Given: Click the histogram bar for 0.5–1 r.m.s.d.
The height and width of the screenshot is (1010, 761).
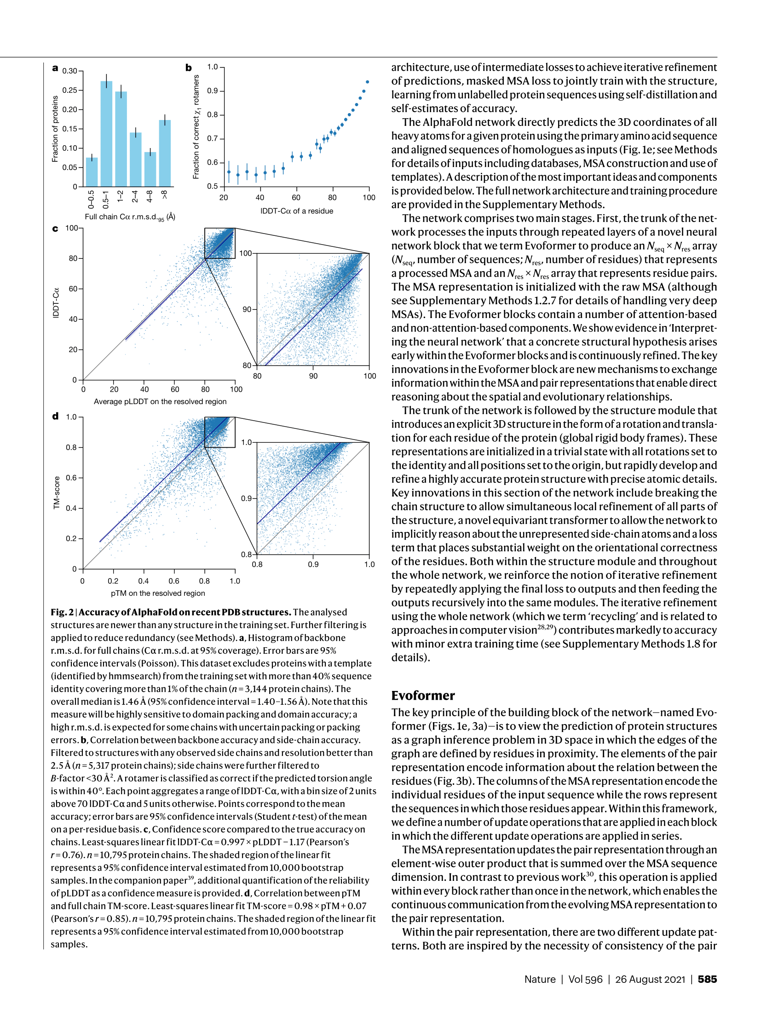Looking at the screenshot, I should coord(106,133).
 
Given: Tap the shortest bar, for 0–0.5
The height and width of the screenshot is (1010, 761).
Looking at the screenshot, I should coord(92,172).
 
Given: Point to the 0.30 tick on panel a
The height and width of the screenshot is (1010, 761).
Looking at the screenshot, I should coord(70,71).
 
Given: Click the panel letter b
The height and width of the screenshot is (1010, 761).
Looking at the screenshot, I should coord(189,68).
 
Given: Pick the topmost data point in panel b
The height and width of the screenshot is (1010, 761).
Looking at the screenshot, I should coord(367,82).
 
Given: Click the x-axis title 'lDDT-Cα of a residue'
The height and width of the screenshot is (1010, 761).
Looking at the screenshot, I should coord(297,211).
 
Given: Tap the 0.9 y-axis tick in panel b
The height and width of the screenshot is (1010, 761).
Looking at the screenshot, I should coord(212,91).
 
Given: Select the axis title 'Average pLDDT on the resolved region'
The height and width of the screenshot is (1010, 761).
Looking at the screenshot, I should coord(160,401).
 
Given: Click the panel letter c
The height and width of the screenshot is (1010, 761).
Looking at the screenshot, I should coord(55,228).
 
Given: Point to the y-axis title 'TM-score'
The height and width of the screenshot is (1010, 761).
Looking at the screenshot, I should coord(57,492).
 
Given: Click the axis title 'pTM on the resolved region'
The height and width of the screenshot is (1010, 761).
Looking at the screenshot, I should coord(158,593).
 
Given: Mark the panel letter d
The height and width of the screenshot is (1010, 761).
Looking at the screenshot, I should coord(55,416).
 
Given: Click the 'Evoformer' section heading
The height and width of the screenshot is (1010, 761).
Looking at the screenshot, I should coord(423,696).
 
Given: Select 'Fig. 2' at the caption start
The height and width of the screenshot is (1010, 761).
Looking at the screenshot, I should coord(62,612).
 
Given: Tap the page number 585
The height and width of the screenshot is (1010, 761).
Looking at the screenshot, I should coord(707,979).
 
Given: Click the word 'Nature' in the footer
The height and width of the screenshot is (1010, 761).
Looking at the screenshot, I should coord(540,979).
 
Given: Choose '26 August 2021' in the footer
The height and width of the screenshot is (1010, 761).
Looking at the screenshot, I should coord(650,979).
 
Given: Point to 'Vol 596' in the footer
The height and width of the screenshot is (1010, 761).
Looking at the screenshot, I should coord(585,979).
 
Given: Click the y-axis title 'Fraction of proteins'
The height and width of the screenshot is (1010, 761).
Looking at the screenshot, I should coord(55,129).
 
